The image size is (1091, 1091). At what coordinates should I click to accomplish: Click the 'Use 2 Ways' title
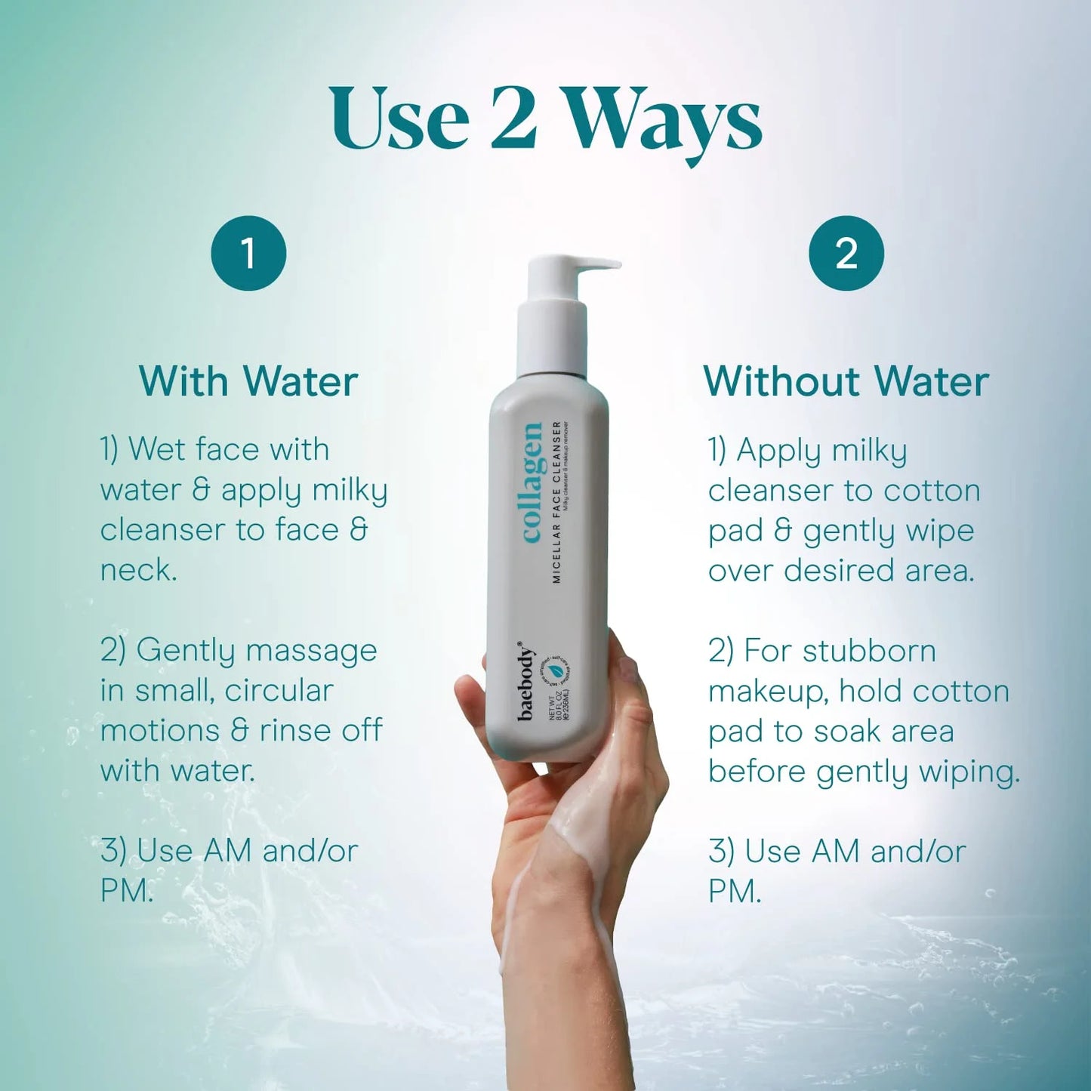[x=545, y=121]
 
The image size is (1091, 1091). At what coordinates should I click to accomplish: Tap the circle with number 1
[x=248, y=253]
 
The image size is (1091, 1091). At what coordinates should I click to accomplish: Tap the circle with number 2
[x=846, y=253]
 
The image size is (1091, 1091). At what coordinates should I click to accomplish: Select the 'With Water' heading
[x=248, y=381]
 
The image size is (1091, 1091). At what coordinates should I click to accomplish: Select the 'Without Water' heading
[x=846, y=381]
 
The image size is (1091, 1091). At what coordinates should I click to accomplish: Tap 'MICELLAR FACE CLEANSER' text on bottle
[x=556, y=502]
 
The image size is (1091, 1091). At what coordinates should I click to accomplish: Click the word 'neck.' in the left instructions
[x=138, y=570]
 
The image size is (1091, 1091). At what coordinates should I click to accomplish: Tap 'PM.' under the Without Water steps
[x=734, y=892]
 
